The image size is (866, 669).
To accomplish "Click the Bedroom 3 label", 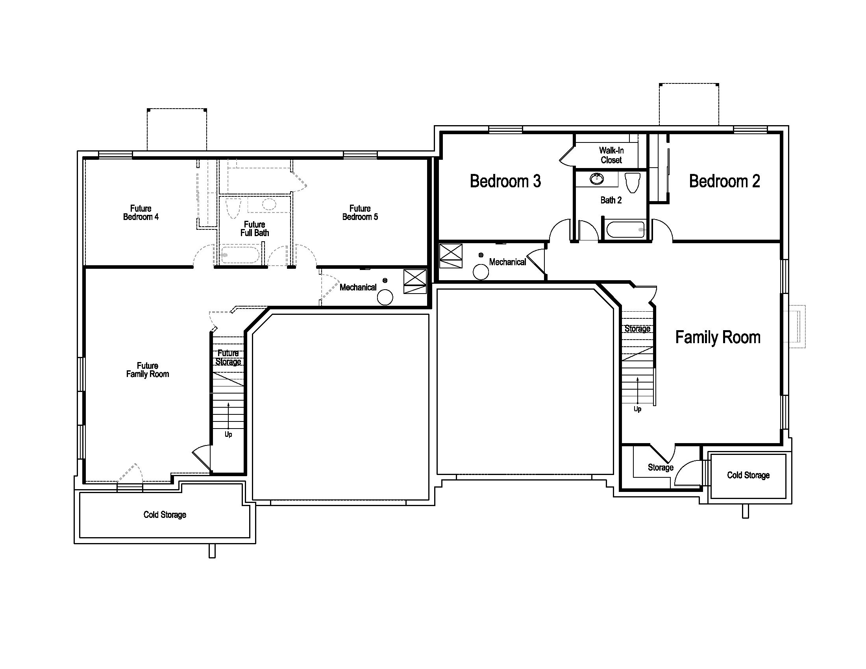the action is [505, 181].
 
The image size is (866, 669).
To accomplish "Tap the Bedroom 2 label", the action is [724, 181].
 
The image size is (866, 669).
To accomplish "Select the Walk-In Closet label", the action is [611, 155].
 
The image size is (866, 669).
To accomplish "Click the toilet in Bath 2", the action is [633, 183].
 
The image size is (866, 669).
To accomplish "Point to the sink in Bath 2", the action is [597, 179].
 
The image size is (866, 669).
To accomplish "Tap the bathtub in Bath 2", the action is [625, 229].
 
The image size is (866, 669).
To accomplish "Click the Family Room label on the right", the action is [718, 337].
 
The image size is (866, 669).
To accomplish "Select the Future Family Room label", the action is [148, 370].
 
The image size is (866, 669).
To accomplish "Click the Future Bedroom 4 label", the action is [141, 213].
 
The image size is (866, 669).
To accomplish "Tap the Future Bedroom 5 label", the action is [360, 213].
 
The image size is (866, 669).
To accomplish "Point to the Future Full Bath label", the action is [255, 229].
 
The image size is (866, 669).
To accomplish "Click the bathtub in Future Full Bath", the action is [240, 255].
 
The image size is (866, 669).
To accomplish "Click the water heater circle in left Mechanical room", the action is [385, 297].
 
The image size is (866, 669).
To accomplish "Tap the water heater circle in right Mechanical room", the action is [481, 272].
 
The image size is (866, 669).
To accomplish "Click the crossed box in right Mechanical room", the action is [451, 256].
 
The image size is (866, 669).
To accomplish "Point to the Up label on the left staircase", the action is [228, 434].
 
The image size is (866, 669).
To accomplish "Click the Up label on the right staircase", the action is [638, 409].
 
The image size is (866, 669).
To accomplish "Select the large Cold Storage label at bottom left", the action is [165, 515].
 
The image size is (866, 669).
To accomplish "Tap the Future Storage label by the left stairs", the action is [228, 357].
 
